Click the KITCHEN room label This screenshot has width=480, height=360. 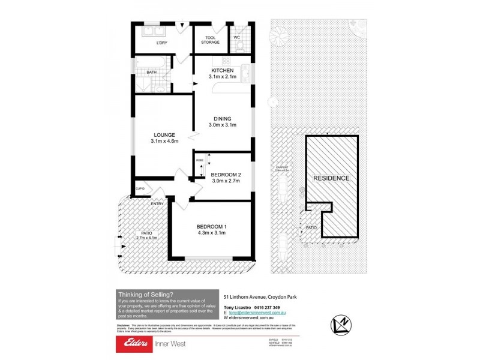(222, 70)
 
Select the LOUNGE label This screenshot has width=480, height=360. (164, 134)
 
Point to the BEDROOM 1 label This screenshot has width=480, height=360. (211, 226)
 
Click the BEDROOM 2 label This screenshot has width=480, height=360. (226, 175)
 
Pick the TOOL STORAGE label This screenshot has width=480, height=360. (211, 40)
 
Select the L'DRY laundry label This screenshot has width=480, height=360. (161, 43)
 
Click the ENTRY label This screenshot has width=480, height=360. (157, 204)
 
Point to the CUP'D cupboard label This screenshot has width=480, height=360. (140, 188)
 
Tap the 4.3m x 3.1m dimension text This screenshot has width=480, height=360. (211, 233)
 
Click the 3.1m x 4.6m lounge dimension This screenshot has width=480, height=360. (164, 141)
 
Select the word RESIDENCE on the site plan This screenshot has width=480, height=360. (331, 178)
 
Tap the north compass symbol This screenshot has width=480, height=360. (341, 325)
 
